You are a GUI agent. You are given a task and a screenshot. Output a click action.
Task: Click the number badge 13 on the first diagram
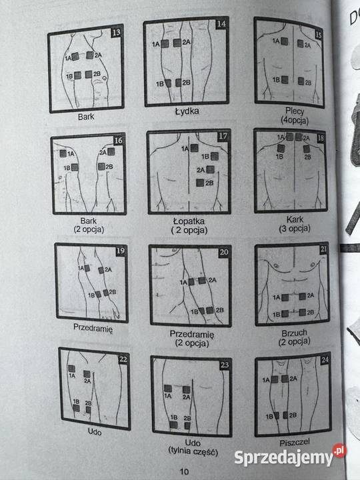(x=117, y=32)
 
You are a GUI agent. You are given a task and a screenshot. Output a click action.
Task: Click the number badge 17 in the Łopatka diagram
(x=223, y=137)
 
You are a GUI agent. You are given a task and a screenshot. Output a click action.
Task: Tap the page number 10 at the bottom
(x=185, y=471)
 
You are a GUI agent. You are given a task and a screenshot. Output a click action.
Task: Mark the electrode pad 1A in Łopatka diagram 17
(x=194, y=148)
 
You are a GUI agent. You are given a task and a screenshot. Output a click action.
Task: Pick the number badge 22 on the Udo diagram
(x=123, y=359)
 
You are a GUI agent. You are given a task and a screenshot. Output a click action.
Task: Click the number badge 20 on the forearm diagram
(x=223, y=253)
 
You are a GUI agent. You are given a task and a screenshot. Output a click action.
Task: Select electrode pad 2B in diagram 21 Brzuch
(x=301, y=312)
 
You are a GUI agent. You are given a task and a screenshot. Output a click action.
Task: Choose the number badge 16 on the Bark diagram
(x=118, y=141)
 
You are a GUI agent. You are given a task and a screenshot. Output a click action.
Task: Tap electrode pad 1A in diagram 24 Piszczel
(x=274, y=379)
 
